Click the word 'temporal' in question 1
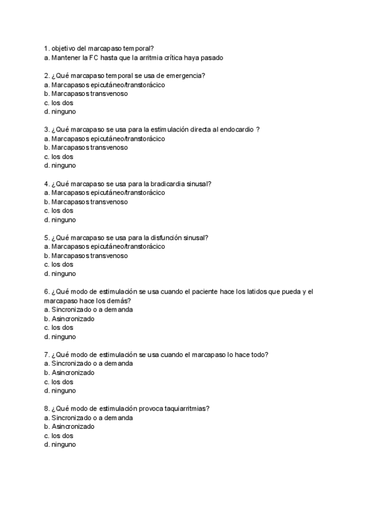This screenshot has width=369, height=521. coord(141,48)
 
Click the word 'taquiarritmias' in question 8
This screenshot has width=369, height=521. coord(188,409)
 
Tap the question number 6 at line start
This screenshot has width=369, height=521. coord(47,291)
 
